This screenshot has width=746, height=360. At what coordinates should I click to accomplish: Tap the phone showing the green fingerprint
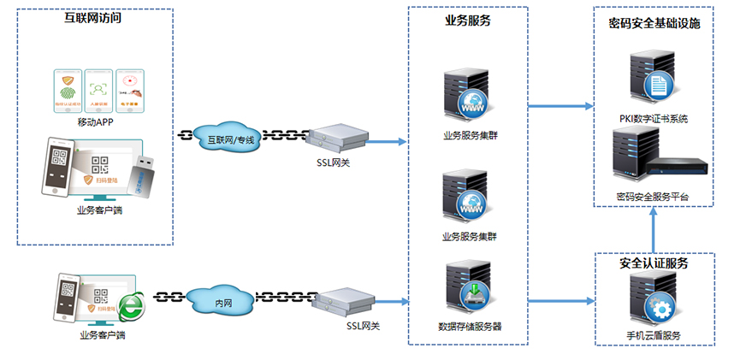67,91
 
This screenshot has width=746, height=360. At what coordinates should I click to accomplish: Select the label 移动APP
95,122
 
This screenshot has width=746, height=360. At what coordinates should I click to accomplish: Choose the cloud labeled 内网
222,301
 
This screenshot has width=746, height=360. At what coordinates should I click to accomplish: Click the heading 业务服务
468,20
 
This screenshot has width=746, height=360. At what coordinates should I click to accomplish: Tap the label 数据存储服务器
470,327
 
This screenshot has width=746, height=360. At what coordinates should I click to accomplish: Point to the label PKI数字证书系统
654,119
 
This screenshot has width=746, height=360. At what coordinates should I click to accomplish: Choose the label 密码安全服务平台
654,198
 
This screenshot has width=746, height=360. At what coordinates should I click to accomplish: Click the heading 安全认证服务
654,263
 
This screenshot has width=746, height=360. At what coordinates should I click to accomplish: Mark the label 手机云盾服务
654,335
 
